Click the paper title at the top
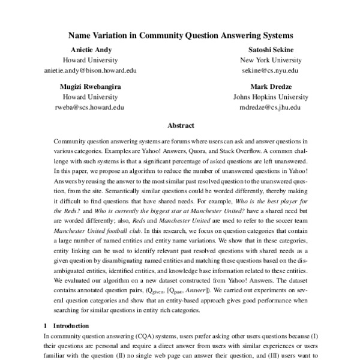click(x=180, y=35)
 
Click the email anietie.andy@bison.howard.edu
click(x=91, y=70)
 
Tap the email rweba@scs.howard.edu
click(x=91, y=106)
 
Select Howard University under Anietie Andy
click(x=91, y=61)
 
